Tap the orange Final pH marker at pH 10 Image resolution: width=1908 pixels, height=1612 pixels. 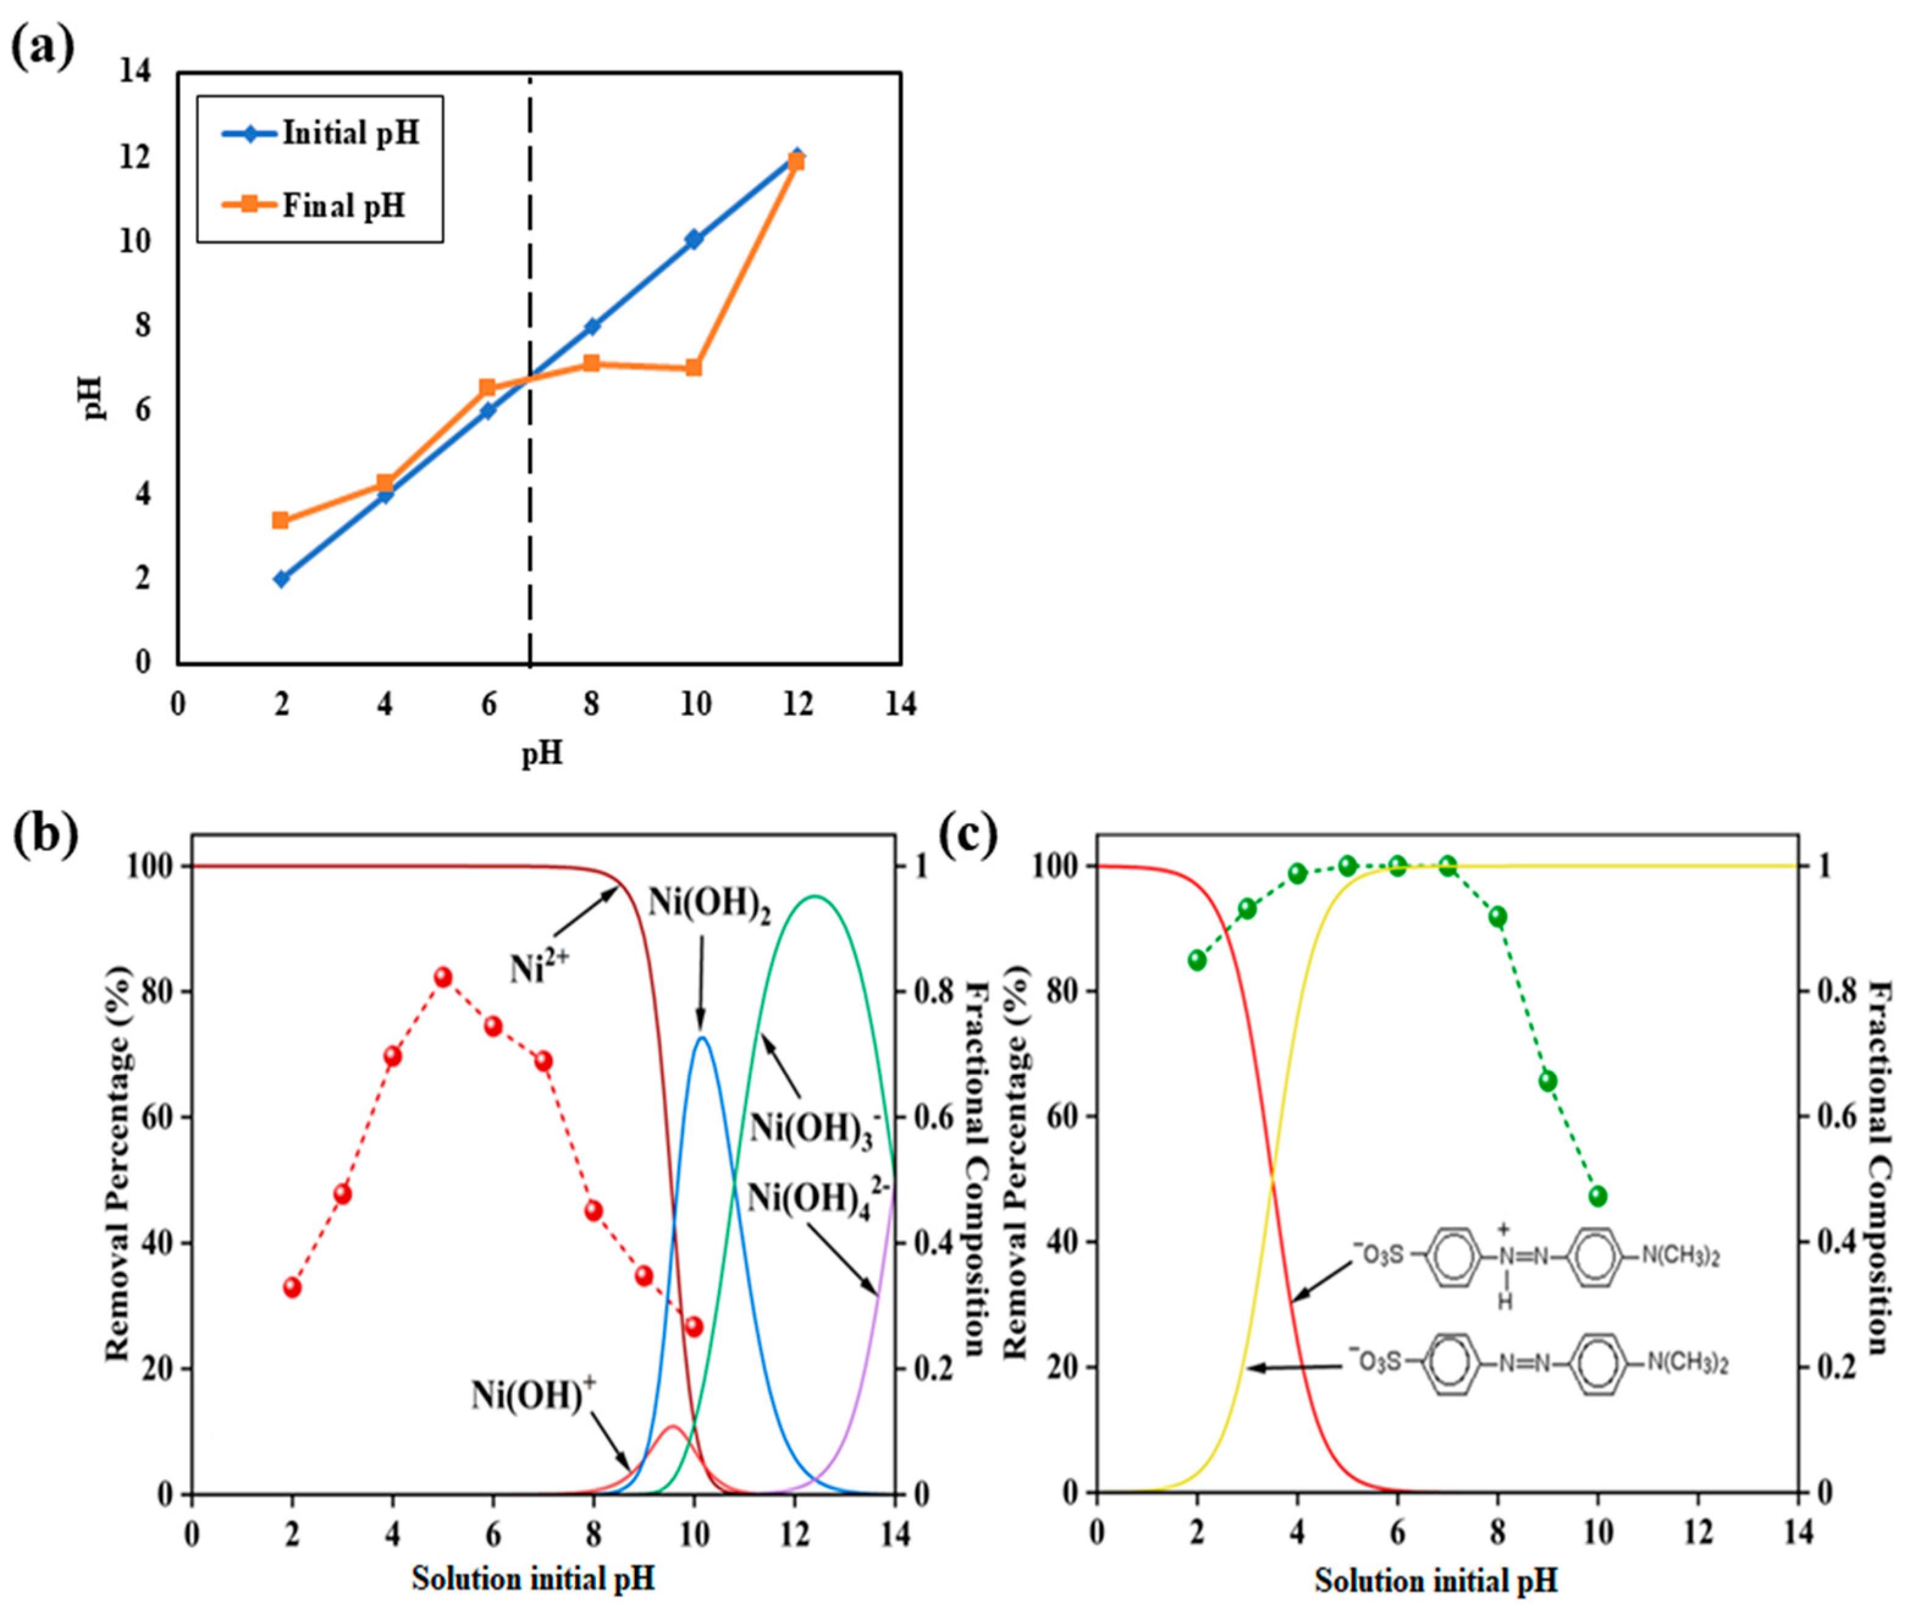pos(694,368)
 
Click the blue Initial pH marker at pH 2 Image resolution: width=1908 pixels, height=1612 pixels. pos(281,578)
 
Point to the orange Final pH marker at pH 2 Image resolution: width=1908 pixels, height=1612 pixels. pos(281,520)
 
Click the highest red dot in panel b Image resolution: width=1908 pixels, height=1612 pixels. pos(443,977)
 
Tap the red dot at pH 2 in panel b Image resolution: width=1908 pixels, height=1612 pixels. pos(292,1287)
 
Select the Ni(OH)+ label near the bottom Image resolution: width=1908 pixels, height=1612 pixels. pos(534,1395)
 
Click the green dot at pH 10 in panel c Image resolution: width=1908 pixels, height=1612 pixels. pos(1597,1196)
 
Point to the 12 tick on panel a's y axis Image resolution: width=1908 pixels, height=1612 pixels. pos(136,157)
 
